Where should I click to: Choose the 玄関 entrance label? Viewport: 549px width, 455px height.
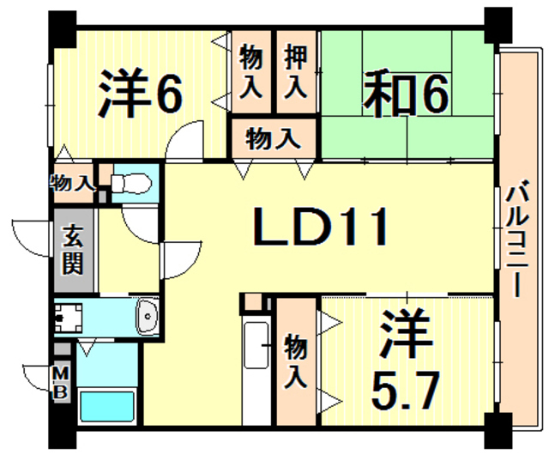[x=73, y=249]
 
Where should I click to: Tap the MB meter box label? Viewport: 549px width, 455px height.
[x=61, y=379]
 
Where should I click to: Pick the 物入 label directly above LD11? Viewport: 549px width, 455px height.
[x=273, y=137]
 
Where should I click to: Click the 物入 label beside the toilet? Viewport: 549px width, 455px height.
[x=72, y=181]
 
